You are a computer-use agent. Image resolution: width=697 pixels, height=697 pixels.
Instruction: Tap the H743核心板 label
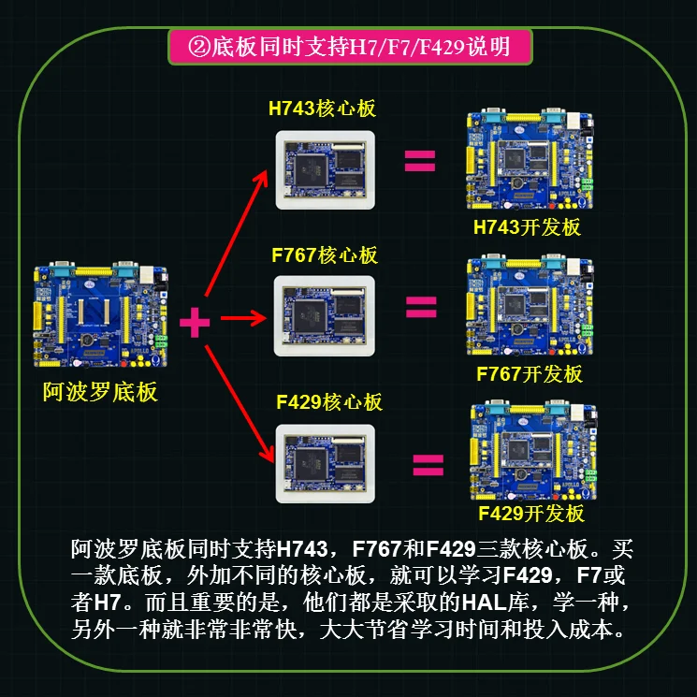(x=322, y=108)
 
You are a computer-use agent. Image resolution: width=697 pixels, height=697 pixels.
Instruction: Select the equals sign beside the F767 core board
(x=421, y=306)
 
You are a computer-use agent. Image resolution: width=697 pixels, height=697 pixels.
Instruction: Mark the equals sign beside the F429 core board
(x=427, y=465)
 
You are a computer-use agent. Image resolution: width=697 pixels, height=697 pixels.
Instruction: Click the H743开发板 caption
(x=527, y=227)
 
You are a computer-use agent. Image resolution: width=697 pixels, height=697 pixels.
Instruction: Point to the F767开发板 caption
(x=530, y=374)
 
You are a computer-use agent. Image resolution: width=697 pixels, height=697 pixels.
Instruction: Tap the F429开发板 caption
(x=530, y=514)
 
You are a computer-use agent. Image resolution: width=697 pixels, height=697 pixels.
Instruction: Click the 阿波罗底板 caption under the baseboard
(x=100, y=391)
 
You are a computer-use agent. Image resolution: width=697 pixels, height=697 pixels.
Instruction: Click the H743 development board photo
(x=530, y=164)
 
